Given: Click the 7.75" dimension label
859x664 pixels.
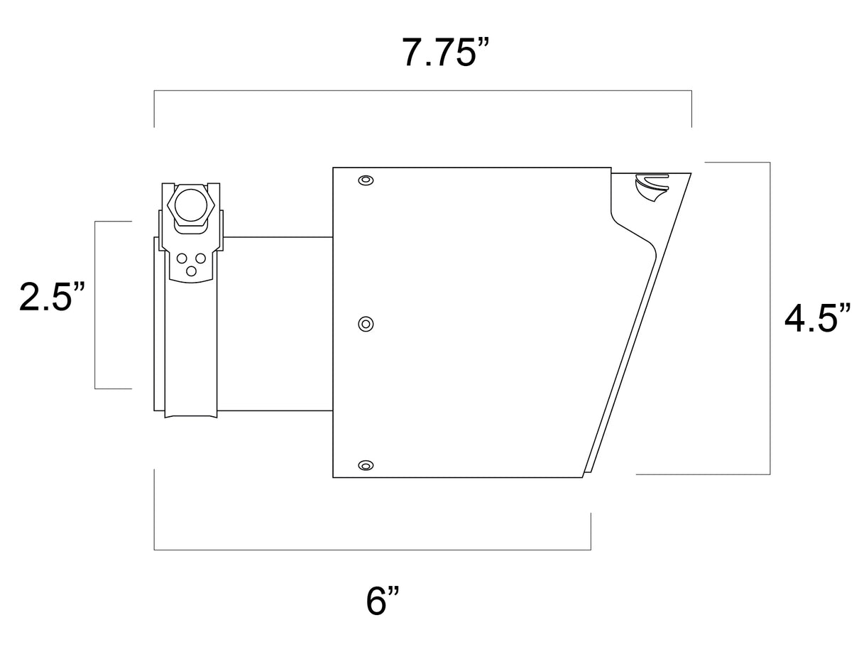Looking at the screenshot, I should click(x=445, y=52).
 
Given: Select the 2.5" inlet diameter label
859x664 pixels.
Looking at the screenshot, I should click(x=52, y=297).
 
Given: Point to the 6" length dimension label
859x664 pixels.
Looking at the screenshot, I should click(x=383, y=601).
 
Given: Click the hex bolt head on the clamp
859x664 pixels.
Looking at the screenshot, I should click(x=191, y=205).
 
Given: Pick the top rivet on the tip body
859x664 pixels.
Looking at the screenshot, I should click(x=366, y=180).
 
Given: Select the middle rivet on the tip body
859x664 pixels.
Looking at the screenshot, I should click(x=366, y=324).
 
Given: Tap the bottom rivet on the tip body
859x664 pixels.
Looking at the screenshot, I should click(x=366, y=465).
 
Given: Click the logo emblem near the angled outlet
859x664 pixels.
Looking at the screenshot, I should click(x=650, y=187).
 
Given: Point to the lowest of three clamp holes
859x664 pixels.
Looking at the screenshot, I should click(x=191, y=271).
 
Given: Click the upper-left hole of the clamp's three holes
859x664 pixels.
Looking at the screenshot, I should click(x=182, y=258).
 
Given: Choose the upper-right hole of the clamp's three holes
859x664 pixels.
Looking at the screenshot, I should click(x=201, y=258).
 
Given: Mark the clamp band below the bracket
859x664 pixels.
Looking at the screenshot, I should click(x=191, y=348).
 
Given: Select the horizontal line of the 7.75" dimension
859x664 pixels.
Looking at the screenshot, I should click(x=422, y=90).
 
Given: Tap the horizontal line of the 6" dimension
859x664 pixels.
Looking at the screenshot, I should click(x=372, y=550).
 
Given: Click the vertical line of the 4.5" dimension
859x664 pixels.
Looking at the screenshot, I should click(x=770, y=318).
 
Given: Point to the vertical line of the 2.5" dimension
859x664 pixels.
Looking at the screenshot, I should click(x=95, y=305).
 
